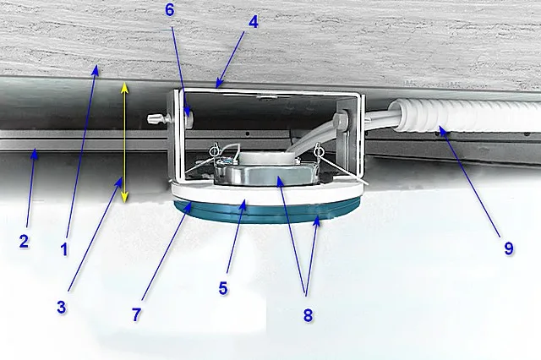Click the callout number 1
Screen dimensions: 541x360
click(64, 249)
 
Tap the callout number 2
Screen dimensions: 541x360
click(24, 242)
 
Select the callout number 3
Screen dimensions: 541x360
click(62, 307)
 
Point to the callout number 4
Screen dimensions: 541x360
click(254, 22)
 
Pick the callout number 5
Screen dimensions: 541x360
click(223, 288)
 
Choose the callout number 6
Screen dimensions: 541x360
click(169, 10)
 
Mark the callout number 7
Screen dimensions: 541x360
click(137, 314)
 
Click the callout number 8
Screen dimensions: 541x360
click(308, 315)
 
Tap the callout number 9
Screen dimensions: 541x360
click(509, 248)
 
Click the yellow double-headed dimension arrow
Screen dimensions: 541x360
click(124, 142)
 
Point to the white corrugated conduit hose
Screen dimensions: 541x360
click(466, 117)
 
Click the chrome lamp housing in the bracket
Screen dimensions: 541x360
click(265, 174)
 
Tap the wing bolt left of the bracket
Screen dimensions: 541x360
click(160, 119)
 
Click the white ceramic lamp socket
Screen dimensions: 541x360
click(260, 158)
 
